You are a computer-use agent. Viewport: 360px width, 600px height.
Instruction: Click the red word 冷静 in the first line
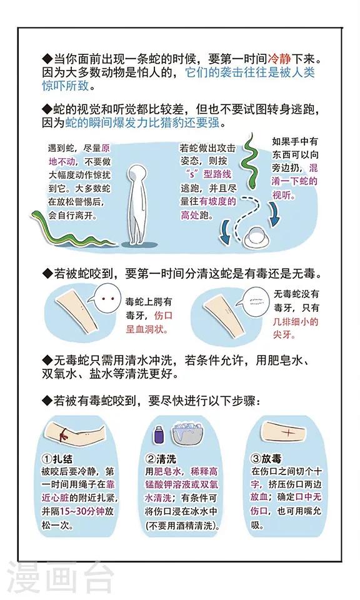tap(279, 59)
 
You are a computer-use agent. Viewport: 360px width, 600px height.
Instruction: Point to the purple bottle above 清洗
tap(158, 436)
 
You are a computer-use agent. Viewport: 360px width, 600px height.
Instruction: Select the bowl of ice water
tap(187, 435)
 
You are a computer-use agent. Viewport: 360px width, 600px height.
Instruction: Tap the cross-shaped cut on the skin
tap(287, 432)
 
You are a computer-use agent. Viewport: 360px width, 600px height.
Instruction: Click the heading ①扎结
tap(57, 459)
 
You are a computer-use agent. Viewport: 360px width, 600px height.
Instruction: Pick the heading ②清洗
tap(161, 459)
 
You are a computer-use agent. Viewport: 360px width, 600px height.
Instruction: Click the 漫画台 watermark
tap(61, 577)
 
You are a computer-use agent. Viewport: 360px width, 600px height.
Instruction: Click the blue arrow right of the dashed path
tap(274, 214)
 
